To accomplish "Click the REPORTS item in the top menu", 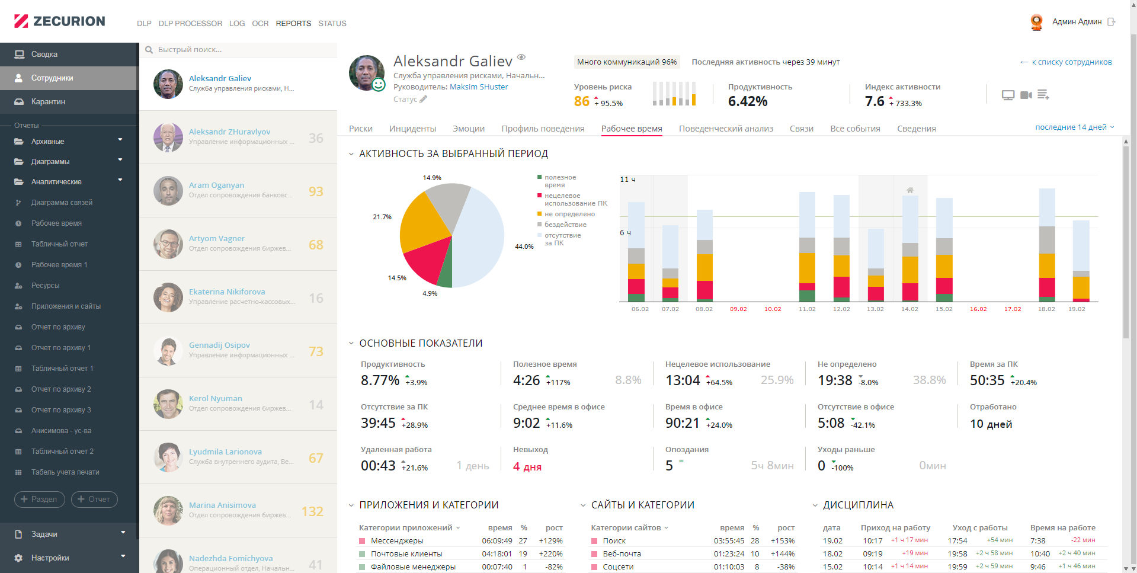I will pos(293,24).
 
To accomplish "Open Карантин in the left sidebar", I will pos(48,102).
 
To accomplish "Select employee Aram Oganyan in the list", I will pos(216,185).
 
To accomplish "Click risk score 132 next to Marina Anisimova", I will pos(312,511).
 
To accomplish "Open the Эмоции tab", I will pos(469,129).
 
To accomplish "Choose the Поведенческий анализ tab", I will pos(726,129).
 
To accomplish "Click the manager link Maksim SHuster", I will pos(479,87).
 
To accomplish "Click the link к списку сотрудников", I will pos(1071,62).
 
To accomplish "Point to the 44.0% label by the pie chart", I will pos(524,247).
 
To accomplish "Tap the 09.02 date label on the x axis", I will pos(738,309).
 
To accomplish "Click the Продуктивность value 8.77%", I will pos(380,380).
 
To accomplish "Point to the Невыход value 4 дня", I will pos(527,467).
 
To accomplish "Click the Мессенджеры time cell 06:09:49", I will pos(497,541).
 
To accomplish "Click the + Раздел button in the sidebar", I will pos(39,500).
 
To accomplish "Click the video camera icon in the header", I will pos(1026,95).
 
